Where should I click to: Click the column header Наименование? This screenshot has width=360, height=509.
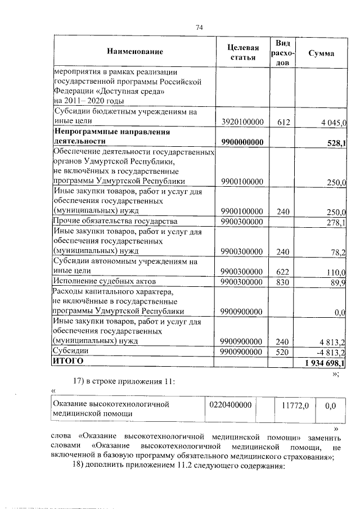(134, 52)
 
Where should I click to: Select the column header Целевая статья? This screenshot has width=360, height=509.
(242, 52)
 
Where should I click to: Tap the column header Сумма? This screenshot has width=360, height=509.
(321, 53)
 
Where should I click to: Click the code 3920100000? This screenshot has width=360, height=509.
(242, 121)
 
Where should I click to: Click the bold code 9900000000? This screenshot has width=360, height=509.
(242, 142)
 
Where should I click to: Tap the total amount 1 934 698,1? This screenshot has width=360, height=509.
(325, 363)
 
